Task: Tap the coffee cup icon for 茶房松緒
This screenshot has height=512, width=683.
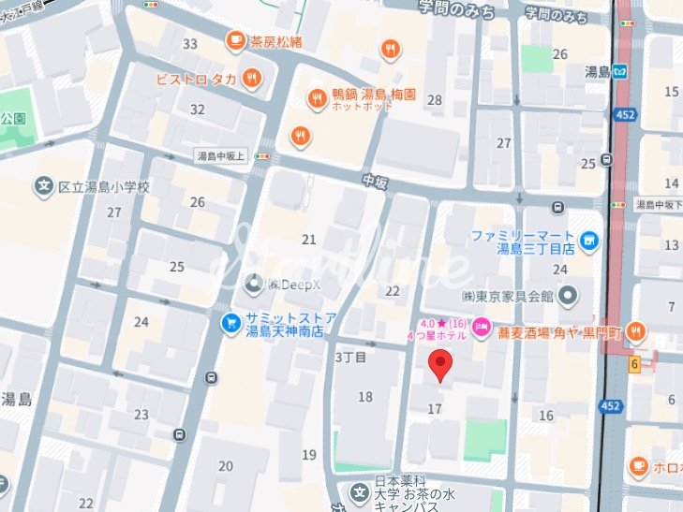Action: (x=236, y=40)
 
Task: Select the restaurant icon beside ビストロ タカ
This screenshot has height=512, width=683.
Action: (x=250, y=78)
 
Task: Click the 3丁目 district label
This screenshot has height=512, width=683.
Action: (x=350, y=357)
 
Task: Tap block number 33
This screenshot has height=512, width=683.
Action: (x=190, y=44)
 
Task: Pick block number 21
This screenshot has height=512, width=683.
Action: (x=308, y=240)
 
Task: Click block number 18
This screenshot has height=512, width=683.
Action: (x=365, y=397)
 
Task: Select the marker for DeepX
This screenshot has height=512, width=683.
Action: (x=252, y=283)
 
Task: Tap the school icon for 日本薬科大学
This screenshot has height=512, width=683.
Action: (x=360, y=491)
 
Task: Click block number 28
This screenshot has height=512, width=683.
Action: (x=435, y=99)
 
